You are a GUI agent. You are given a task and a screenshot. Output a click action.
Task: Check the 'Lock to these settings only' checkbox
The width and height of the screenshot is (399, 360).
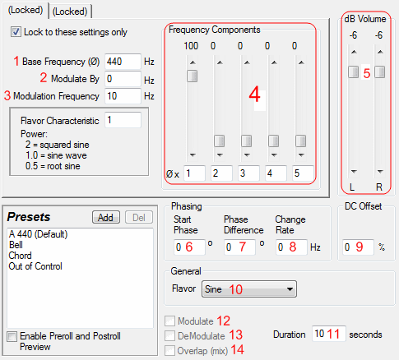16,32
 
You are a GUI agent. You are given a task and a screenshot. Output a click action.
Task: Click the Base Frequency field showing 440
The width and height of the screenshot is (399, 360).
123,62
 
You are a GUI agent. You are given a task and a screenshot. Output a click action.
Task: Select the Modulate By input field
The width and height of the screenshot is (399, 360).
123,79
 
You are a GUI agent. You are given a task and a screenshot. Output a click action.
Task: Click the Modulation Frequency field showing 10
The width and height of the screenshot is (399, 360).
123,96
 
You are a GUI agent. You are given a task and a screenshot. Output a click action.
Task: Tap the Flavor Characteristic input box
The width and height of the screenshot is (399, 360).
123,120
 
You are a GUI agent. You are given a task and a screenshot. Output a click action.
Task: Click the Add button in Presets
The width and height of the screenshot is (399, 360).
106,217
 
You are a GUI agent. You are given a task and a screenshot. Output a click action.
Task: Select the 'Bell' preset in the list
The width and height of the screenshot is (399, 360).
16,245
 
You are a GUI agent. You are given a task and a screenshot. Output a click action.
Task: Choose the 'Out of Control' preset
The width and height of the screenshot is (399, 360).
35,266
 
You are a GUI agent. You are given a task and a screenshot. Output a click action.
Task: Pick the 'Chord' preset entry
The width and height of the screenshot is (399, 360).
20,256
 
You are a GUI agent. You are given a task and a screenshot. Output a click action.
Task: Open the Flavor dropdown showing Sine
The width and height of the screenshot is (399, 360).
249,288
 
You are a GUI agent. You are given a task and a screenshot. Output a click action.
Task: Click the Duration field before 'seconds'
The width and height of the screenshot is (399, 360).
329,334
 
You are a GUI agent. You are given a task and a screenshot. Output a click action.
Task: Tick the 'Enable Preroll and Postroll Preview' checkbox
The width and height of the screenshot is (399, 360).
12,336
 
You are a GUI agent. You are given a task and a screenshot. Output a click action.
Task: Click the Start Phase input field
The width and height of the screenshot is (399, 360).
189,247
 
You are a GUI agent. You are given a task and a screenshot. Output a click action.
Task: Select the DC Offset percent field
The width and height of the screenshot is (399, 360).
358,247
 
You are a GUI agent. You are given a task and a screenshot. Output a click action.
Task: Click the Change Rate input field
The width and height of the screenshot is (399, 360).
291,247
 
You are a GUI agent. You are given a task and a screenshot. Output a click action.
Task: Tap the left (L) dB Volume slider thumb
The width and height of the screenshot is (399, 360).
354,72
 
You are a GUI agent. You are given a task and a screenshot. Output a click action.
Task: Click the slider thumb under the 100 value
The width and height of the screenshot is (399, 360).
193,76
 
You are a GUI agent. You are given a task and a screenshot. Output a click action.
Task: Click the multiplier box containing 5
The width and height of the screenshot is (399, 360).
303,173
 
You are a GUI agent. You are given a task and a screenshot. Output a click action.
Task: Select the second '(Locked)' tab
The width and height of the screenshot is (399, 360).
70,12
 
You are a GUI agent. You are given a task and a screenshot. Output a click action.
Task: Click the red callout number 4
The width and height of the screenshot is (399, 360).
254,95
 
